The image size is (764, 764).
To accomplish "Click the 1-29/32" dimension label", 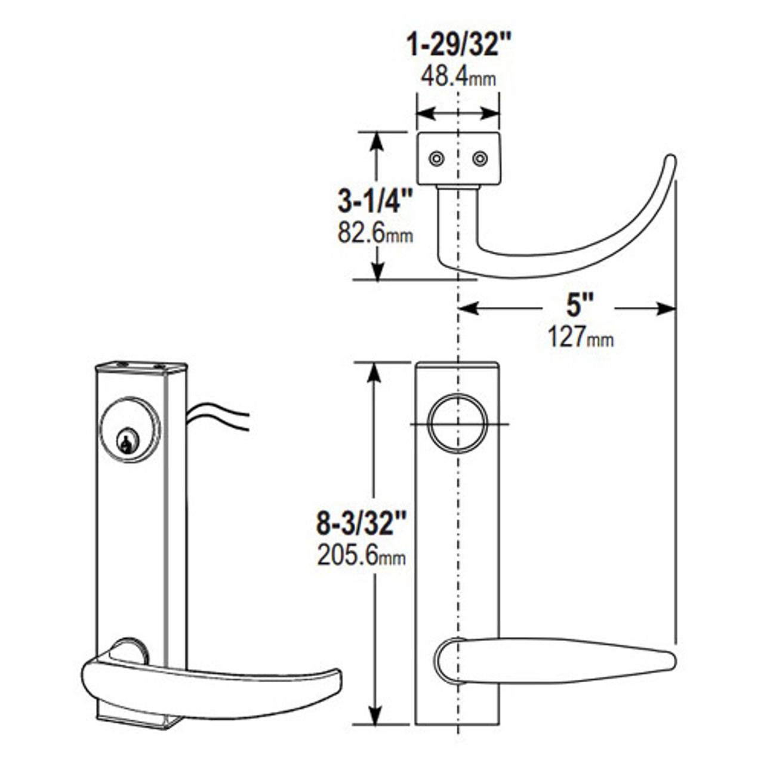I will (458, 45).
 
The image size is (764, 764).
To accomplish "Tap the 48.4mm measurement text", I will (458, 76).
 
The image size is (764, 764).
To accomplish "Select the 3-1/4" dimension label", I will (375, 202).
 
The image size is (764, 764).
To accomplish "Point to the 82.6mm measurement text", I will (375, 233).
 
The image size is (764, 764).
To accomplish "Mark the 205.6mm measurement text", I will (361, 556).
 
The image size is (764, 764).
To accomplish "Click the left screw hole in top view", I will (437, 159).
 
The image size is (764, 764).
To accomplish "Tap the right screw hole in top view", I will (480, 159).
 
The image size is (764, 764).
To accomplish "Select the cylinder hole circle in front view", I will (458, 424).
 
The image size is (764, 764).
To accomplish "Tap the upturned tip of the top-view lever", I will (670, 161).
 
